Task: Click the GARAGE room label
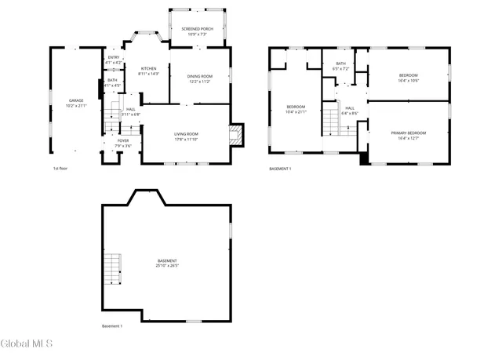pos(76,100)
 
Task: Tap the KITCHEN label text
pos(149,68)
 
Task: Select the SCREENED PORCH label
pos(198,28)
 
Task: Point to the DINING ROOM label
pos(199,76)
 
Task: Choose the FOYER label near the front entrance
pos(124,141)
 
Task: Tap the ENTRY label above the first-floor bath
pos(114,57)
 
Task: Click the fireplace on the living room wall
pos(236,136)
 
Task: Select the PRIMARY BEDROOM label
pos(409,133)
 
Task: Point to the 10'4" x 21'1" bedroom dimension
pos(296,111)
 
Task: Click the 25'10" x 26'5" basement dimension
pos(167,266)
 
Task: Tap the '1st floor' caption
pos(62,169)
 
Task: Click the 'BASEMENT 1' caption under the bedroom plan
pos(280,169)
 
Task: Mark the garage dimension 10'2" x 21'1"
pos(76,105)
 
